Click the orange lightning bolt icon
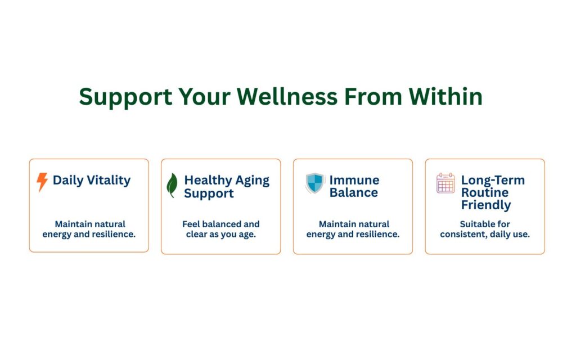click(42, 182)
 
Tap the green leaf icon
click(172, 185)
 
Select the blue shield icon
click(315, 183)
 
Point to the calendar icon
click(445, 183)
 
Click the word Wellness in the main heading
click(287, 97)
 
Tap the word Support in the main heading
click(125, 97)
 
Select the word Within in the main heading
click(445, 96)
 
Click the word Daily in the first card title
click(68, 181)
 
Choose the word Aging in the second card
click(253, 181)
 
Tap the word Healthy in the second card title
click(208, 181)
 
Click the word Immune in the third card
click(354, 180)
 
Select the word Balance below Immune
click(354, 192)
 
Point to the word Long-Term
click(493, 180)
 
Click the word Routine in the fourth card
click(485, 192)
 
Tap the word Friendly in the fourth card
click(486, 205)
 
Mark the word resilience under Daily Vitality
click(115, 235)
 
